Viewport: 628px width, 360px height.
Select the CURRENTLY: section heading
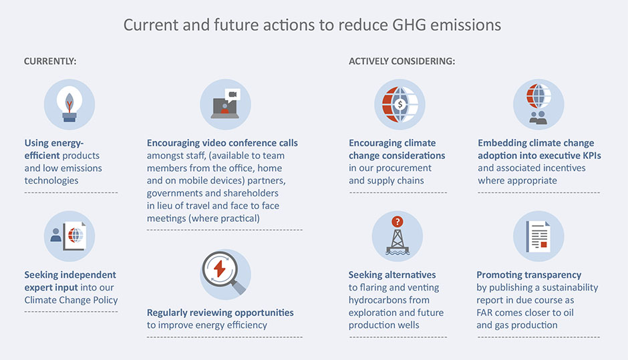click(x=50, y=61)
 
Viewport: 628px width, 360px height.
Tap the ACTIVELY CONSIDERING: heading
click(x=402, y=61)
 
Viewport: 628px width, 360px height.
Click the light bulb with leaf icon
click(x=69, y=104)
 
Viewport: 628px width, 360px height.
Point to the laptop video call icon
click(x=226, y=104)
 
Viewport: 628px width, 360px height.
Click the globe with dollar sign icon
click(x=400, y=104)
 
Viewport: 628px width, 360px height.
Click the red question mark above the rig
click(x=398, y=222)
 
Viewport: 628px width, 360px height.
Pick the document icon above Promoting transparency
click(x=538, y=236)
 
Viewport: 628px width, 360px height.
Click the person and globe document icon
click(x=69, y=236)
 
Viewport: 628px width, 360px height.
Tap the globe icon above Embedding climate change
click(x=538, y=96)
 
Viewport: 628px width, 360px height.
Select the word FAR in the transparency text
click(x=484, y=313)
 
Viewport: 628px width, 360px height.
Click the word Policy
click(x=105, y=300)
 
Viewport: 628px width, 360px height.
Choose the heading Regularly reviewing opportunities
click(x=220, y=313)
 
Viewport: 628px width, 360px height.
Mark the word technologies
click(x=51, y=180)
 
